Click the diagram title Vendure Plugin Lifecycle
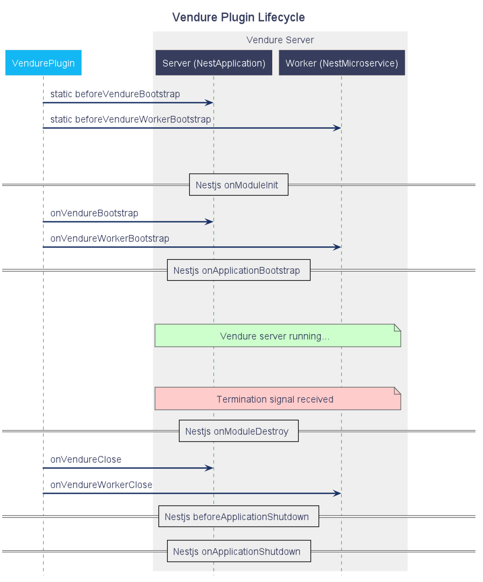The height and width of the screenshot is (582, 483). pyautogui.click(x=238, y=17)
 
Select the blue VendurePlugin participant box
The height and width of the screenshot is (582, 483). pyautogui.click(x=43, y=63)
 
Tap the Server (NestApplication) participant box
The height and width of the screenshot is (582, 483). pyautogui.click(x=213, y=63)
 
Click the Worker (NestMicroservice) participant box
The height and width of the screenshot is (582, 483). pyautogui.click(x=341, y=63)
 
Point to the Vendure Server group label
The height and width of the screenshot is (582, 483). pyautogui.click(x=280, y=40)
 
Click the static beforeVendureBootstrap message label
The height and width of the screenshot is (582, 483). pyautogui.click(x=115, y=94)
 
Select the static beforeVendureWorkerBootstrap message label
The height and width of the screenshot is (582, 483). pyautogui.click(x=130, y=119)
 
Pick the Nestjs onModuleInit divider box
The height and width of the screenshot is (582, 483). pyautogui.click(x=238, y=185)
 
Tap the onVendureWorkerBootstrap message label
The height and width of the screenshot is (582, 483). pyautogui.click(x=109, y=238)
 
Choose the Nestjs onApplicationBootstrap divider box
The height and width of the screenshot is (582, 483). pyautogui.click(x=238, y=270)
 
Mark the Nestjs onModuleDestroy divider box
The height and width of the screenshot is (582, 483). pyautogui.click(x=238, y=431)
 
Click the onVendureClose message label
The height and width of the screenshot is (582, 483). pyautogui.click(x=86, y=460)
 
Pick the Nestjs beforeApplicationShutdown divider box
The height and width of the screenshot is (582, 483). pyautogui.click(x=238, y=516)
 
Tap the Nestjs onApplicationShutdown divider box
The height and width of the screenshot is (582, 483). pyautogui.click(x=238, y=551)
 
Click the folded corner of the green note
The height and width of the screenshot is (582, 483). pyautogui.click(x=397, y=327)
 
